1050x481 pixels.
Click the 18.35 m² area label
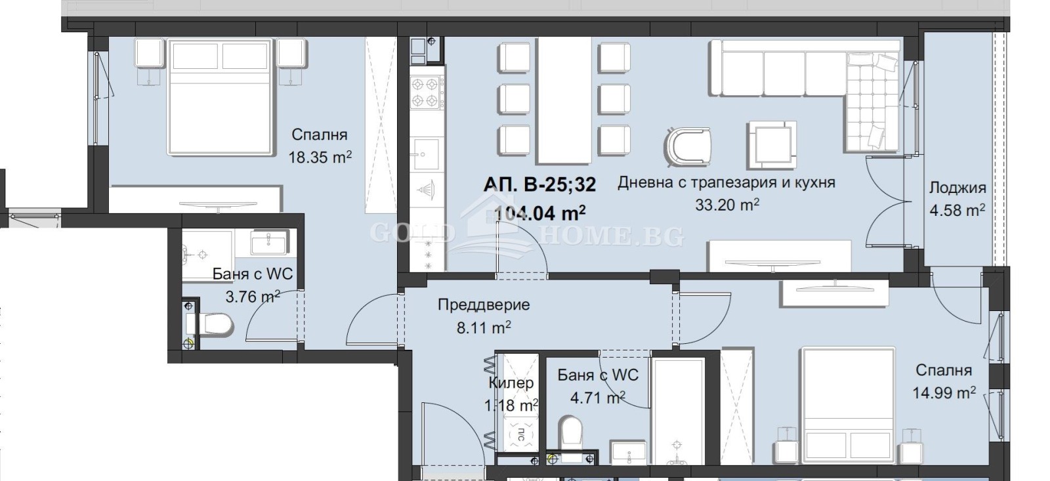coord(320,157)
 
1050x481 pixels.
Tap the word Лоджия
coord(957,188)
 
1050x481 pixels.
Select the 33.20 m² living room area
coord(726,205)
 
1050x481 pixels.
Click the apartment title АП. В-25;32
coord(539,185)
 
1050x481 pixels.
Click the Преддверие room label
coord(483,305)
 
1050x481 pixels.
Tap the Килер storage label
coord(511,383)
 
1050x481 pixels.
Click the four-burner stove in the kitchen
coord(425,93)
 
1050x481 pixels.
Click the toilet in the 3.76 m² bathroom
coord(215,324)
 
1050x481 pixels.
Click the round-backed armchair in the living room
coord(688,144)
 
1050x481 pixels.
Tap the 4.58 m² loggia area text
coord(957,211)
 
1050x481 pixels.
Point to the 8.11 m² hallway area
coord(483,327)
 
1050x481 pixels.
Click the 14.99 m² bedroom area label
coord(943,393)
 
